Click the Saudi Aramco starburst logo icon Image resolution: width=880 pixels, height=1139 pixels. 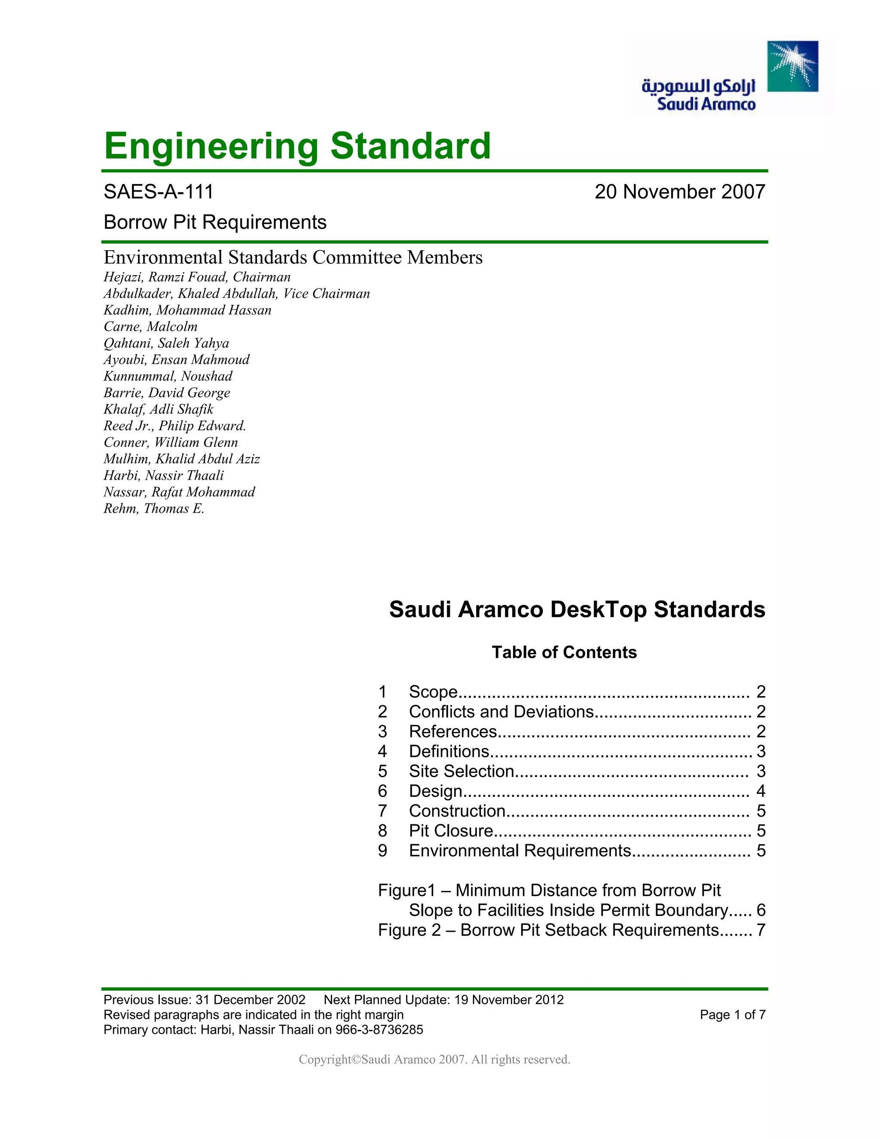tap(792, 66)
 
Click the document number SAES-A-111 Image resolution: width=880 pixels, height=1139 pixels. tap(159, 192)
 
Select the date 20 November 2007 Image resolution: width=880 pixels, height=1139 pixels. tap(679, 192)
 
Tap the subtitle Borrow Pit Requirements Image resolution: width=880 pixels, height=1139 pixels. tap(215, 222)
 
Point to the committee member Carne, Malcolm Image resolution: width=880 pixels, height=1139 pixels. tap(150, 327)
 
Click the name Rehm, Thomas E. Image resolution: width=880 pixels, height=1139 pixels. tap(154, 508)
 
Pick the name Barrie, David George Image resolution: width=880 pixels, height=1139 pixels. tap(166, 393)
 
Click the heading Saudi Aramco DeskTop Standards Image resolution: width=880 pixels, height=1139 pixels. tap(577, 609)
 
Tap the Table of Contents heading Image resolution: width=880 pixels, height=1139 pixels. tap(564, 652)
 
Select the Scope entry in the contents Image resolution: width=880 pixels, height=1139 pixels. tap(433, 692)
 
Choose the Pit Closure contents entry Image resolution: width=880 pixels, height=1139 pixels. tap(450, 830)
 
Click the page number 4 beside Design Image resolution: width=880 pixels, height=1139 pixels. tap(761, 791)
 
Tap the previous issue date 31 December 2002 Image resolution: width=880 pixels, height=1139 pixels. tap(250, 1000)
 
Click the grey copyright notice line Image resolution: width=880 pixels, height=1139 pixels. tap(434, 1059)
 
